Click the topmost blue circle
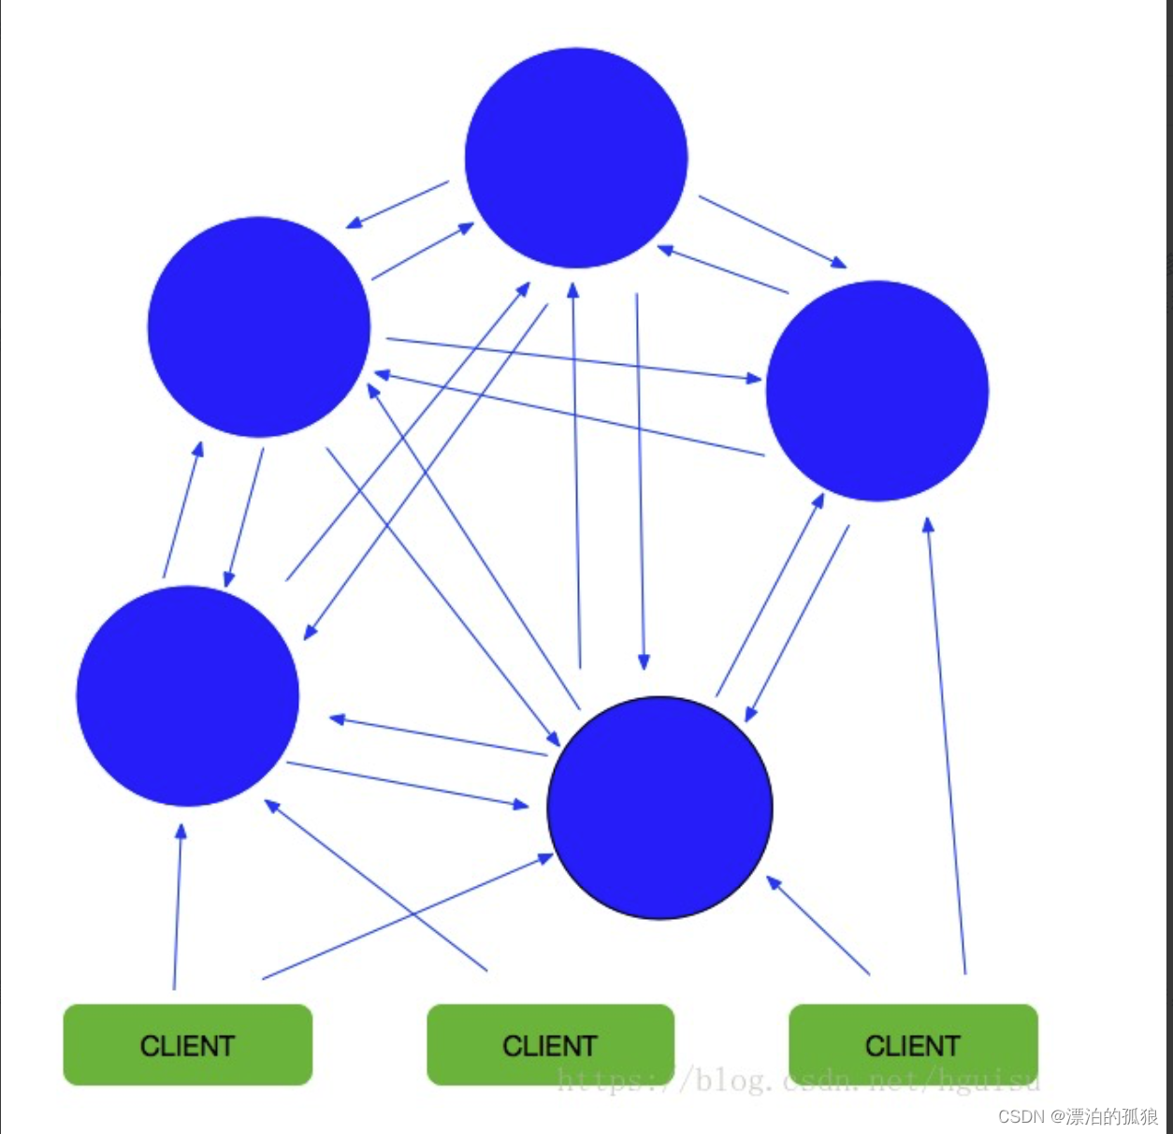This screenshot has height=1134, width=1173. click(576, 157)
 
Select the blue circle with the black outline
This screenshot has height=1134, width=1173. click(660, 807)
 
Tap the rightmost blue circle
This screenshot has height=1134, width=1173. click(877, 390)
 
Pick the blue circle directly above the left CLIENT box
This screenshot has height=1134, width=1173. click(188, 696)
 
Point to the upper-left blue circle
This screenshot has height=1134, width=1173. click(259, 327)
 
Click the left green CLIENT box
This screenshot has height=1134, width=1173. click(187, 1044)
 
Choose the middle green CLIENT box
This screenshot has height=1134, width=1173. click(550, 1044)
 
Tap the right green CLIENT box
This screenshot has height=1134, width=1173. click(913, 1044)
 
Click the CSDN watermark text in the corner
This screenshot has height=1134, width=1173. click(1078, 1116)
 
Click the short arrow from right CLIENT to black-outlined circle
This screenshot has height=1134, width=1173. click(818, 925)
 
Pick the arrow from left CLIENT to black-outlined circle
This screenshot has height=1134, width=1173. click(408, 917)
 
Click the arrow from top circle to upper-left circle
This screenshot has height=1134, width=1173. click(398, 204)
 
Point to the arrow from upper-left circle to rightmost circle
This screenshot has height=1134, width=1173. click(573, 358)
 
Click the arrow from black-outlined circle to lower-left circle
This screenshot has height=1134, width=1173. click(438, 736)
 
